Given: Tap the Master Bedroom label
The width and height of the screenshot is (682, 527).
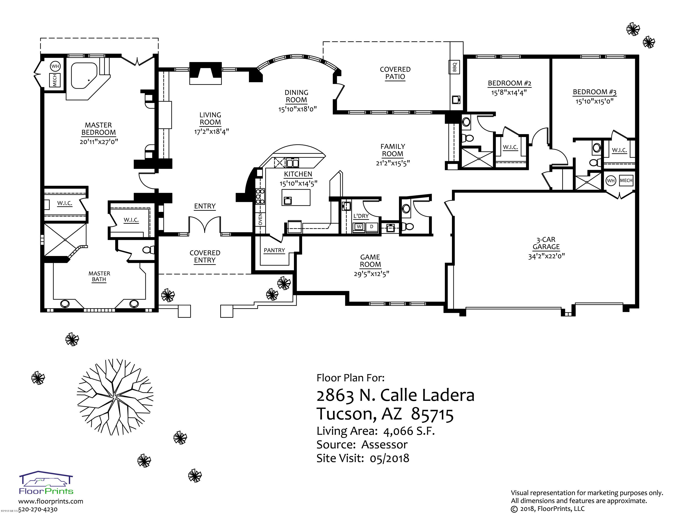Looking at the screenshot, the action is click(98, 129).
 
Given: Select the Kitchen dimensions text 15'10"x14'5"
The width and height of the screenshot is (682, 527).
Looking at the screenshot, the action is click(298, 183).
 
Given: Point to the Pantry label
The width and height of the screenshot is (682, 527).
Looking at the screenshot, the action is click(274, 250).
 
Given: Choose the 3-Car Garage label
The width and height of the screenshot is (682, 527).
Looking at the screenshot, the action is click(546, 243).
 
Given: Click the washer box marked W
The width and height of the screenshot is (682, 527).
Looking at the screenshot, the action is click(359, 227).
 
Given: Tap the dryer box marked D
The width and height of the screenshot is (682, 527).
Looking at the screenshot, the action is click(372, 227).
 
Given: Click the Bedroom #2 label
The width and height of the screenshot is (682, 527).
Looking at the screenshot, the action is click(510, 83).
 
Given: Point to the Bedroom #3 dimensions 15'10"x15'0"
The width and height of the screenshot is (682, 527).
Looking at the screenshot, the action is click(594, 101).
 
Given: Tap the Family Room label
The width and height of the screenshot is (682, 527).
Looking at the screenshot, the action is click(393, 150).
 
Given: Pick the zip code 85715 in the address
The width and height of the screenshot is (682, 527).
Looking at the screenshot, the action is click(432, 414).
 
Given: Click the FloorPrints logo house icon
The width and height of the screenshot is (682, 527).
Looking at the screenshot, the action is click(46, 479).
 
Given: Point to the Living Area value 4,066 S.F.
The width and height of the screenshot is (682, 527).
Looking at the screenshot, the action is click(409, 431).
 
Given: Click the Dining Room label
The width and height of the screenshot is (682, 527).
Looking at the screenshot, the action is click(296, 96).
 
